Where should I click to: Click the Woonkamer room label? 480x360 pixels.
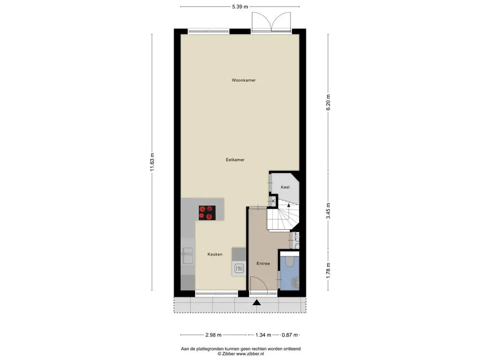(x=244, y=80)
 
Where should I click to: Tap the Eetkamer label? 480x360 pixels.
(x=235, y=159)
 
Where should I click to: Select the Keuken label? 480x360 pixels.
(x=215, y=254)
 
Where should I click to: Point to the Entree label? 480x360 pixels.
(x=263, y=263)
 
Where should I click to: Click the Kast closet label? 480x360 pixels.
(x=285, y=187)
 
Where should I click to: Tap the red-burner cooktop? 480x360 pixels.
(x=207, y=213)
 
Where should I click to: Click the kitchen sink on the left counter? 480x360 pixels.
(x=187, y=255)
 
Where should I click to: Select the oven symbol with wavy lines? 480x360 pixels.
(x=239, y=269)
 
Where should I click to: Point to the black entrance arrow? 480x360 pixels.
(x=256, y=302)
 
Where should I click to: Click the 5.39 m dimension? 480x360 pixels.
(x=240, y=7)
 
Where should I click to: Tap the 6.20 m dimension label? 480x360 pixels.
(x=329, y=103)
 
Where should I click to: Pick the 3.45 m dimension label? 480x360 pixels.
(x=329, y=210)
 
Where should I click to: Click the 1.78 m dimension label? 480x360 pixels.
(x=329, y=270)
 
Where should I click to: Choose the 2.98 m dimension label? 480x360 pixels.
(x=213, y=335)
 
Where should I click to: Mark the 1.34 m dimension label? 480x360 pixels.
(x=263, y=335)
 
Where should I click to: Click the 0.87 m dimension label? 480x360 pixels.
(x=290, y=335)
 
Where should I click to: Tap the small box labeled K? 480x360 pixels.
(x=273, y=201)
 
